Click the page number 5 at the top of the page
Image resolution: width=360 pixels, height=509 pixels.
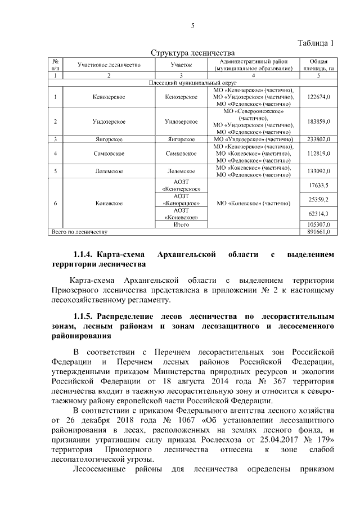192,26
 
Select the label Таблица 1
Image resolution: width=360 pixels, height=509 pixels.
316,43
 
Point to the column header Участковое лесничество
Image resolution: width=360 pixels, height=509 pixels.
108,65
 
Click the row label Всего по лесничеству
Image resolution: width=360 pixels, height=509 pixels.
79,231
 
